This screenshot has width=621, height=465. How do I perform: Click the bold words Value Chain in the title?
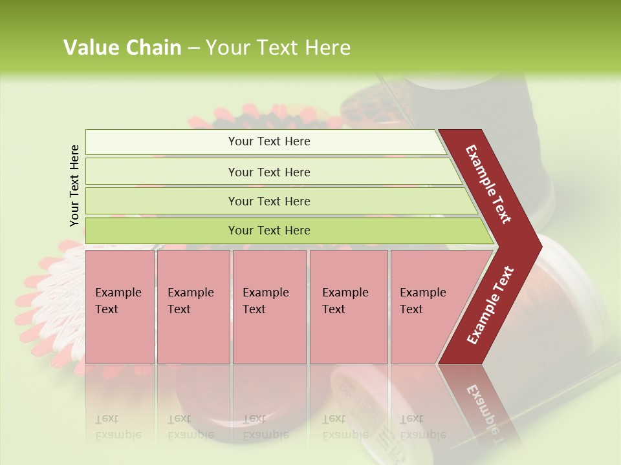[x=122, y=48]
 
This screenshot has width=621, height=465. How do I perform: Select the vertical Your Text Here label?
[x=74, y=185]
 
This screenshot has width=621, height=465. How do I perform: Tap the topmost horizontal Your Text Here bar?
[x=268, y=141]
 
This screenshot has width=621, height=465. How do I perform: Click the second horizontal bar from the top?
[x=269, y=172]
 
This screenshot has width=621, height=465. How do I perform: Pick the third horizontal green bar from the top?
[x=269, y=201]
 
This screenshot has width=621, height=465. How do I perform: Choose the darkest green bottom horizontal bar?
[x=269, y=231]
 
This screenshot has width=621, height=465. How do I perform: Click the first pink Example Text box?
[x=120, y=307]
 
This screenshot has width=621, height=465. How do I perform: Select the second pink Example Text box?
[x=193, y=307]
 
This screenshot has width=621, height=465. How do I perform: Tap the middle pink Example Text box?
[x=268, y=307]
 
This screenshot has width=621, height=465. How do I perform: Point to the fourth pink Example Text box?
[x=348, y=307]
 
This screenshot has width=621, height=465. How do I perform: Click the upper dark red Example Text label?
[x=488, y=184]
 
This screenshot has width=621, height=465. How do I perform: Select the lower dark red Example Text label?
[x=490, y=305]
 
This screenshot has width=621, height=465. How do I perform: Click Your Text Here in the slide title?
[x=278, y=48]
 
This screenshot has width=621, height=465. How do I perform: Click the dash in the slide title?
[x=193, y=48]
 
